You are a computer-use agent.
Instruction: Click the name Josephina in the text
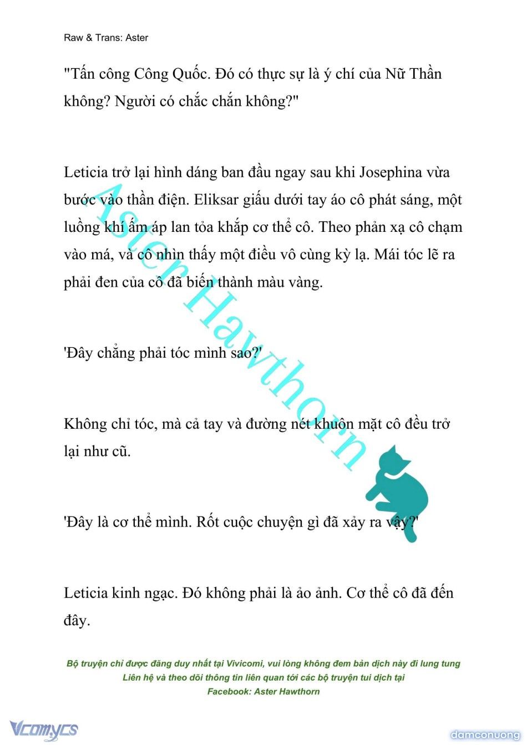[391, 173]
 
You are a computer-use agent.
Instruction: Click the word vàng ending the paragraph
[302, 282]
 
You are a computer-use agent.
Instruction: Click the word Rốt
[207, 523]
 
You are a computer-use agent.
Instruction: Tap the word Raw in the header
[73, 38]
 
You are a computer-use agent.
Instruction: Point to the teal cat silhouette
[399, 488]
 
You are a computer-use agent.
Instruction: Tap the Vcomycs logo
[43, 729]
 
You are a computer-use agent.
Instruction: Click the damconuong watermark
[485, 735]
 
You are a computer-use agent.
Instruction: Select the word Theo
[335, 227]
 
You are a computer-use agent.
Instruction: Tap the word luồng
[82, 227]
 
